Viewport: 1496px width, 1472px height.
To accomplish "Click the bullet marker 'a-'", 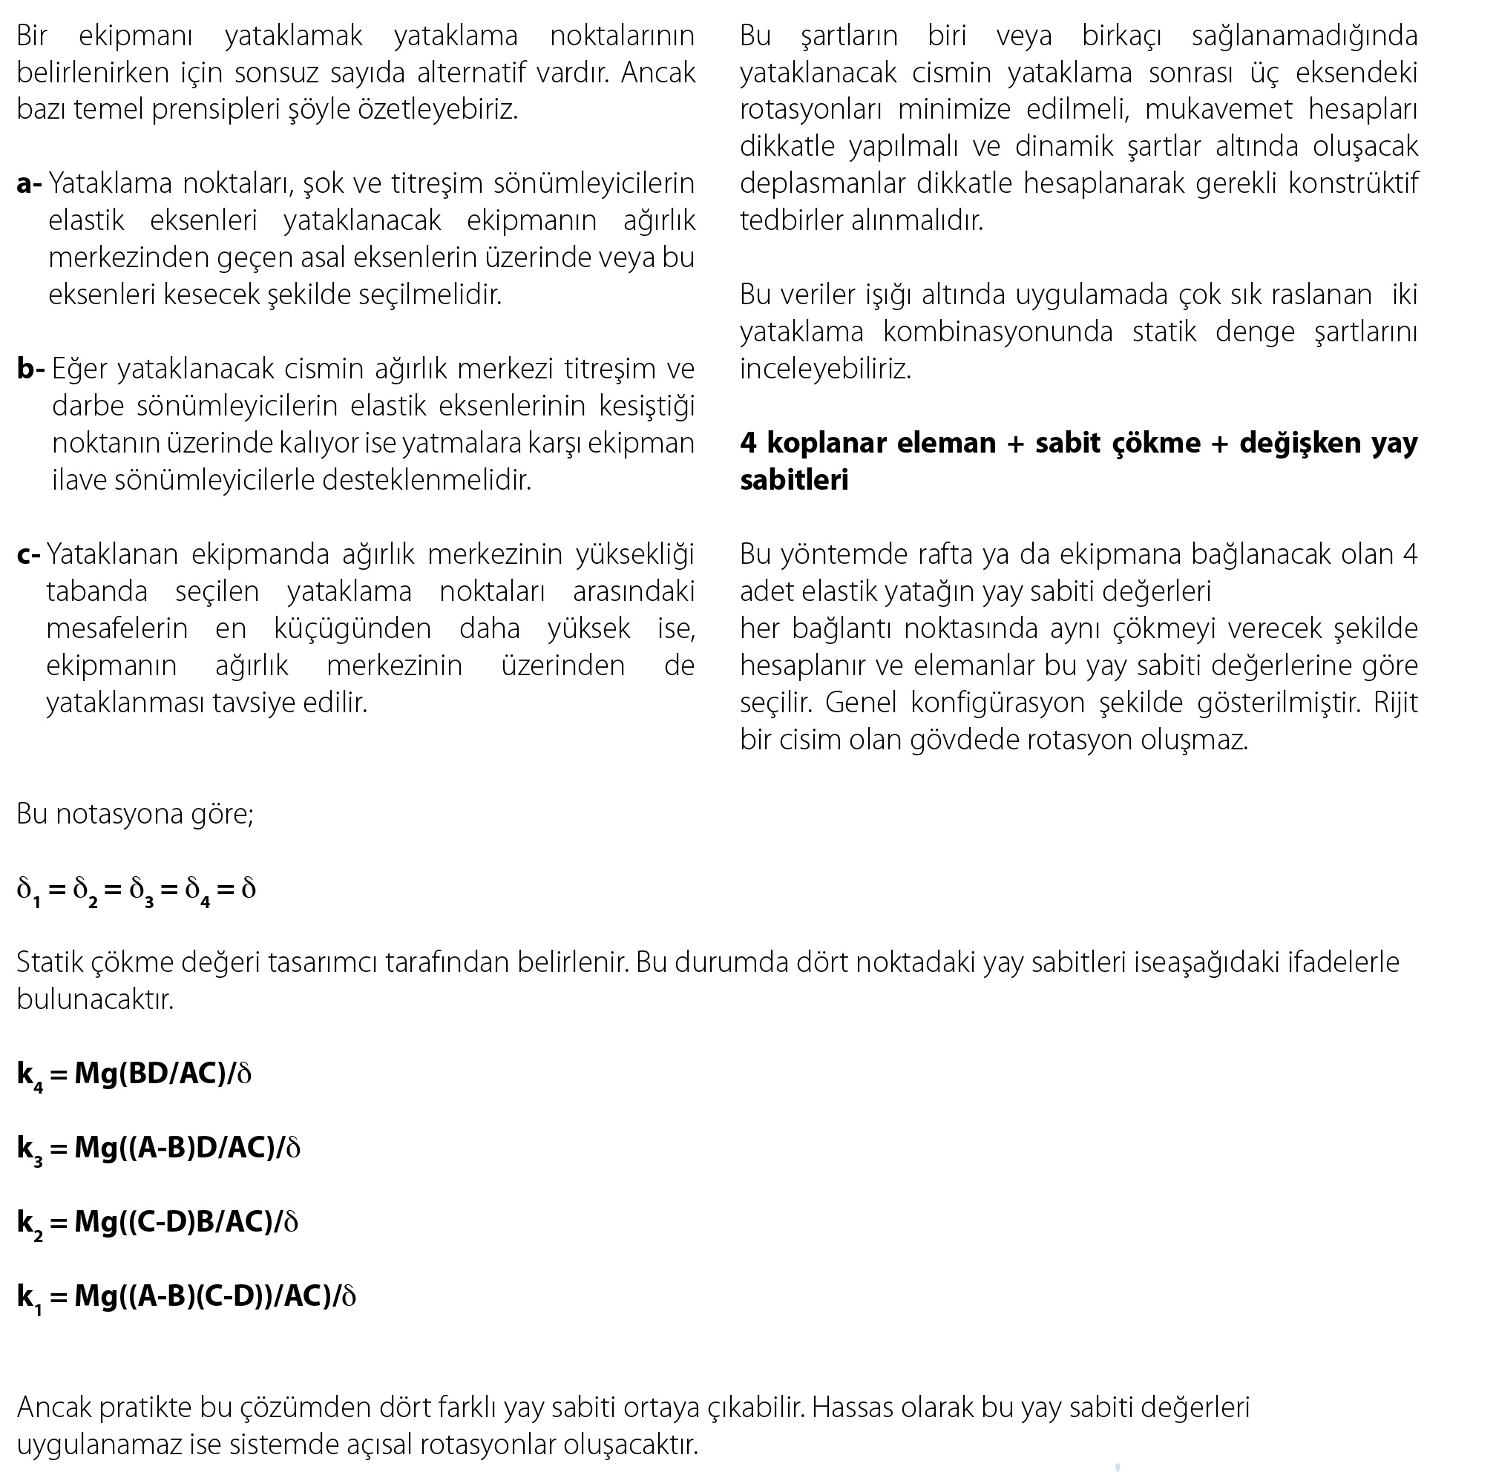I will pos(30,184).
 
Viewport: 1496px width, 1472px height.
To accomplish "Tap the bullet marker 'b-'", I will pos(31,369).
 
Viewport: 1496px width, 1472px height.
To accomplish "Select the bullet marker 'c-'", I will pos(29,554).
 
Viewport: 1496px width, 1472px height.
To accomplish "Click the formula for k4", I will pos(134,1074).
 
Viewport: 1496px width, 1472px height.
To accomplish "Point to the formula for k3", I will pos(159,1148).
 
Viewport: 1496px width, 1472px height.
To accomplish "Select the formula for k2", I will pos(157,1222).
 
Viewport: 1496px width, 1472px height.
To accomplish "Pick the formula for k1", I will pos(186,1296).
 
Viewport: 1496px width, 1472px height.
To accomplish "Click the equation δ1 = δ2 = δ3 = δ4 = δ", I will pos(136,889).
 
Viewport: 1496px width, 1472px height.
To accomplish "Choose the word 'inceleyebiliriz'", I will pos(825,369).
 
